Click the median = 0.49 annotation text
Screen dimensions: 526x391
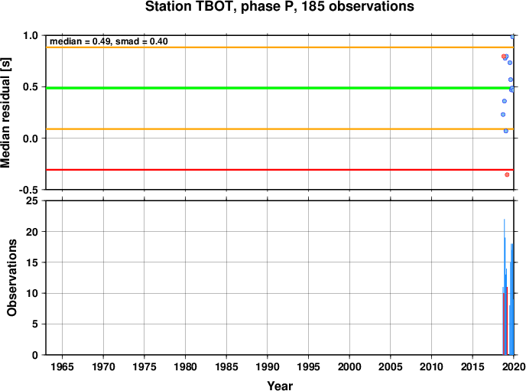80,41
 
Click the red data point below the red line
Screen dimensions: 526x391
507,174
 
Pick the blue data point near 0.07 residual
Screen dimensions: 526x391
506,131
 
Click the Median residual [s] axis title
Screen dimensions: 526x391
5,112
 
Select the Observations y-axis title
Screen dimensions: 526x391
11,278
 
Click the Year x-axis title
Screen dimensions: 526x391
280,386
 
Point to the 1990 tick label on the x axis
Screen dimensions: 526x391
268,367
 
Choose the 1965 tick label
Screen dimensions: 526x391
62,367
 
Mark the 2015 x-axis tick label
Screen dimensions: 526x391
472,367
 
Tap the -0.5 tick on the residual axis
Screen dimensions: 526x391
29,191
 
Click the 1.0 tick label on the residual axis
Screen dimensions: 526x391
31,35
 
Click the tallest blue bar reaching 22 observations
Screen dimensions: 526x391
504,287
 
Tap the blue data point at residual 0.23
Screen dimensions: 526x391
503,115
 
